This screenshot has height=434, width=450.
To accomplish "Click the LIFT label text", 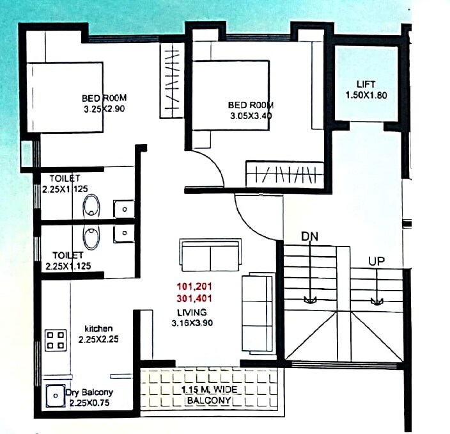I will (366, 84).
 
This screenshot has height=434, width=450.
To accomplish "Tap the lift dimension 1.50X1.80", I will (366, 96).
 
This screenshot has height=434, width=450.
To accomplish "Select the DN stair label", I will (310, 237).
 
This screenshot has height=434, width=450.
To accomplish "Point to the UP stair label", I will (376, 261).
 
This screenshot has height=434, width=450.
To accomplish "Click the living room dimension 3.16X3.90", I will (192, 323).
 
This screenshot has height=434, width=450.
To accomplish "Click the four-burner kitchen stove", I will (56, 339).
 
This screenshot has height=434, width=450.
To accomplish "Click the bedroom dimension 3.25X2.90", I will (104, 109).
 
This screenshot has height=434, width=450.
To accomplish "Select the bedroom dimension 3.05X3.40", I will (251, 116).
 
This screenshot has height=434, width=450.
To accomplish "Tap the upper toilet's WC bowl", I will (92, 206).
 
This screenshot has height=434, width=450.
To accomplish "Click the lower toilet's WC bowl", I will (92, 237).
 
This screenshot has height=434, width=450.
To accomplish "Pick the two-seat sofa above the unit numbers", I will (210, 256).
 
